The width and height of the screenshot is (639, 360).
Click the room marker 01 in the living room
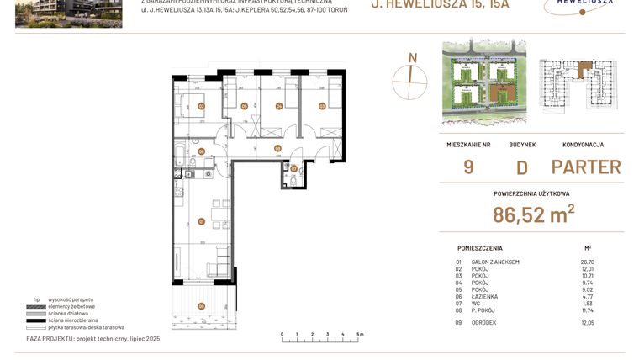click(x=201, y=221)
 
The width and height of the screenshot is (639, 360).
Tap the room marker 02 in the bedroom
click(x=201, y=106)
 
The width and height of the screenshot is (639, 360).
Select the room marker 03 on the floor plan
click(x=322, y=105)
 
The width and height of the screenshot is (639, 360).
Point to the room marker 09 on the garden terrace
click(x=201, y=305)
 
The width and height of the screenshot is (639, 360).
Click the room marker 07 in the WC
click(x=293, y=168)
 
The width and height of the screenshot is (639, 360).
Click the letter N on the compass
click(x=412, y=57)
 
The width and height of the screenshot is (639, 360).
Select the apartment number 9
click(x=468, y=167)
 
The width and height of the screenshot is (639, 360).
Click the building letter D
click(x=521, y=167)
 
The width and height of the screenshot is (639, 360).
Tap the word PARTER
click(x=586, y=167)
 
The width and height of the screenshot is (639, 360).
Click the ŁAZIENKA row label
click(x=485, y=296)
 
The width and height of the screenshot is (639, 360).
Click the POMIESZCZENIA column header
click(x=480, y=248)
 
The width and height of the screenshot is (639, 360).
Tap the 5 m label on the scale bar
click(x=360, y=334)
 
